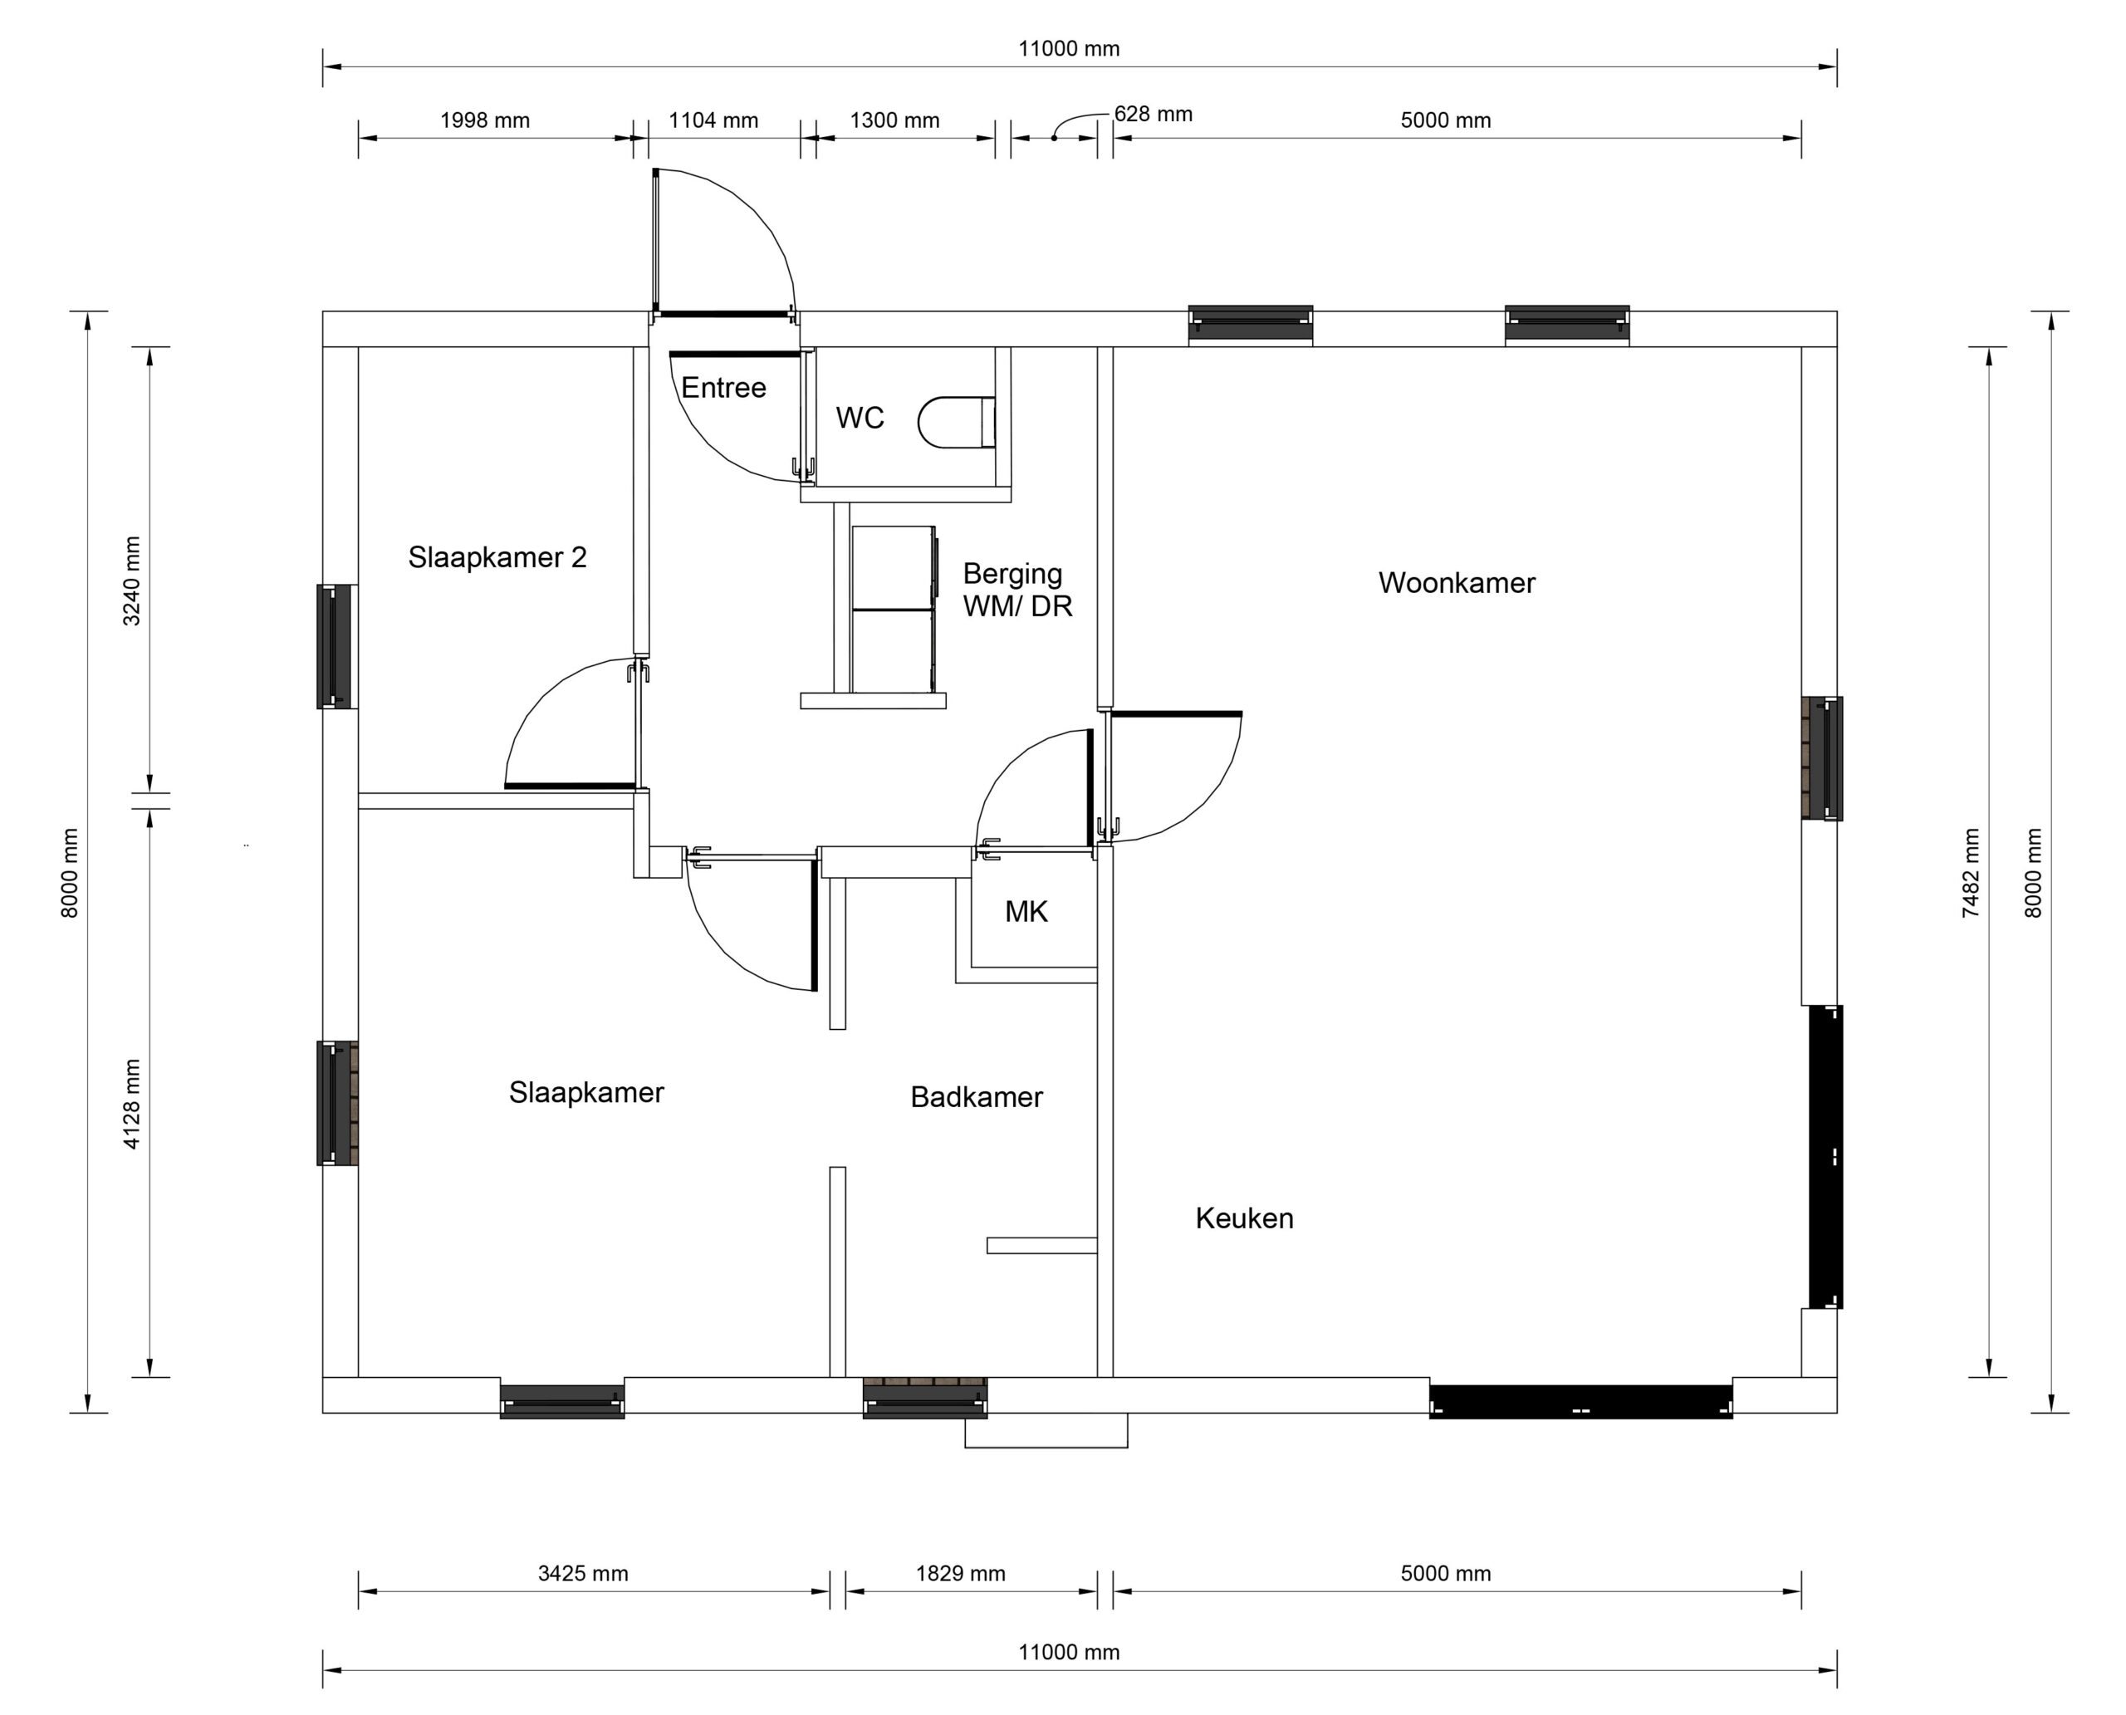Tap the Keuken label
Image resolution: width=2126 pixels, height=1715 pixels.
coord(1244,1218)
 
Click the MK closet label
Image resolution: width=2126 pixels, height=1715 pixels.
coord(1026,912)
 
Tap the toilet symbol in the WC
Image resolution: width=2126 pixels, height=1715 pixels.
coord(957,423)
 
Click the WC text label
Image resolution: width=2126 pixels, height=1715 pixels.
coord(860,418)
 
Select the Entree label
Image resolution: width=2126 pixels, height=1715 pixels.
coord(723,387)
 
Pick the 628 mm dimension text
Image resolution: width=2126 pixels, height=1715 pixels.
coord(1153,114)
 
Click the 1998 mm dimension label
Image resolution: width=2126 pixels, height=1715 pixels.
coord(484,120)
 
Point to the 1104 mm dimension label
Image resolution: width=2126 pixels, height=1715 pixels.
coord(713,120)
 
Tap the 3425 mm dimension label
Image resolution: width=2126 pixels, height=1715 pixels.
coord(583,1574)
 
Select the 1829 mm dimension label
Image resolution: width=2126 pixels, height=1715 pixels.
coord(960,1574)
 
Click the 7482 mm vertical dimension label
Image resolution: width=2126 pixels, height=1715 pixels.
coord(1971,874)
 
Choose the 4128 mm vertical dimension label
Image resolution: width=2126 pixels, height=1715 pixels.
coord(131,1105)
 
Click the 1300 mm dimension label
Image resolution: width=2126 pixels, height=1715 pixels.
coord(894,120)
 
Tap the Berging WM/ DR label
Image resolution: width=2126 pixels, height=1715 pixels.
coord(1017,590)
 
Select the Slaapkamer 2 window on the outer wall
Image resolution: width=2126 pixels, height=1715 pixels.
coord(336,647)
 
